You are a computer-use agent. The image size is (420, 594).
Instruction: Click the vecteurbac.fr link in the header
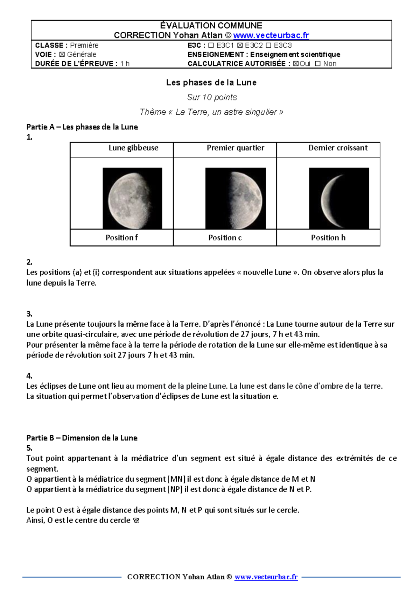click(271, 35)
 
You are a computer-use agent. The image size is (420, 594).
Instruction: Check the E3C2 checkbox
click(240, 45)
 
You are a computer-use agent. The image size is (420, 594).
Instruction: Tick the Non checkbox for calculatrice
click(318, 64)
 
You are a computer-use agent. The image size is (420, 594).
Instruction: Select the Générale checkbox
click(62, 55)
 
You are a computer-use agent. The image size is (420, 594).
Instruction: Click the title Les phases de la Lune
click(211, 83)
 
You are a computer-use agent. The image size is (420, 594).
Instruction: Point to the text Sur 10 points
click(212, 97)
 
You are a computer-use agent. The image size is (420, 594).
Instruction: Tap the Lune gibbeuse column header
click(133, 148)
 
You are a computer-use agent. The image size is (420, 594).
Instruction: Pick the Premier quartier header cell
click(235, 148)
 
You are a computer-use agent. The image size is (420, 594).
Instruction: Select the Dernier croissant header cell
click(338, 148)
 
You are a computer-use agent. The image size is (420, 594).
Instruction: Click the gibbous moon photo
click(132, 198)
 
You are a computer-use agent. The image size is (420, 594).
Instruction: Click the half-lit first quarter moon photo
click(235, 198)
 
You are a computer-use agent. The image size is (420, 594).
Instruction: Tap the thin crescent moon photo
click(339, 198)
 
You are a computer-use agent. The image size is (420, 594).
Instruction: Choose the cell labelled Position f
click(121, 238)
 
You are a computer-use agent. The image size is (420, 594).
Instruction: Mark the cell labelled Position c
click(225, 238)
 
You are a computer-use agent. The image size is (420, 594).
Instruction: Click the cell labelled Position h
click(328, 238)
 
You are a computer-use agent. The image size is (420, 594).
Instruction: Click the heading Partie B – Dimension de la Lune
click(82, 438)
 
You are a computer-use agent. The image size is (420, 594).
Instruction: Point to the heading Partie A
click(82, 127)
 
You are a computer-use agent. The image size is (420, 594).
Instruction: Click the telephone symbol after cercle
click(136, 521)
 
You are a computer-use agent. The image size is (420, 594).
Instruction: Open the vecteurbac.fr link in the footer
click(266, 577)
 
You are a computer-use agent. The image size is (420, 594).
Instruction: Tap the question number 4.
click(29, 376)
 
